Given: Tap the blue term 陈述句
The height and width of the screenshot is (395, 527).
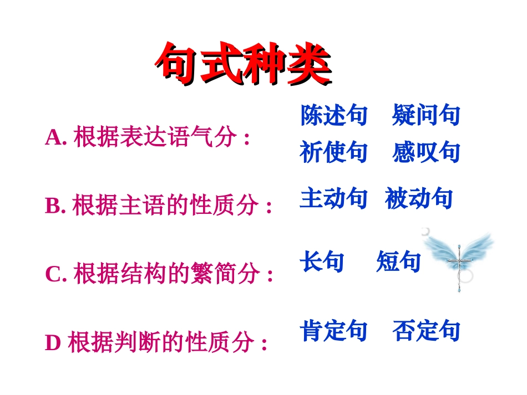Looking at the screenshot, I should (333, 115).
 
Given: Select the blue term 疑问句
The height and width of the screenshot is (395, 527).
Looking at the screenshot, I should (426, 115).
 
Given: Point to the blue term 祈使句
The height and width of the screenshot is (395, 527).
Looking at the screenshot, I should (333, 152).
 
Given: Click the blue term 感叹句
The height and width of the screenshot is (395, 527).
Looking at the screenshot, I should (426, 152).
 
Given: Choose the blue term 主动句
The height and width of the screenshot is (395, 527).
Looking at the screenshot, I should (333, 198).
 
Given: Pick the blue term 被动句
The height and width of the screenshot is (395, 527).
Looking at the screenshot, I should (419, 198).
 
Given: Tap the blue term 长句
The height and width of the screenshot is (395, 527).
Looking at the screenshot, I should (322, 261).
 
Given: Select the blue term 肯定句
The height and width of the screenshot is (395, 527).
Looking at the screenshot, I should (333, 331).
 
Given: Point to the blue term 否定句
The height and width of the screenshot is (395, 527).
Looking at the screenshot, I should (426, 331).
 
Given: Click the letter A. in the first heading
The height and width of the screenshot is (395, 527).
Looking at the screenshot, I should (56, 137).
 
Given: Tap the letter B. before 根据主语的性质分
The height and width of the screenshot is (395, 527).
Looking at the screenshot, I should (55, 206).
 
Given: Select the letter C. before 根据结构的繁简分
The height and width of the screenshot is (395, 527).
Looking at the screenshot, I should (56, 274).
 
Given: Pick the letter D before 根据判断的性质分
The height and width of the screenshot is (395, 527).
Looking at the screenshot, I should (53, 343).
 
